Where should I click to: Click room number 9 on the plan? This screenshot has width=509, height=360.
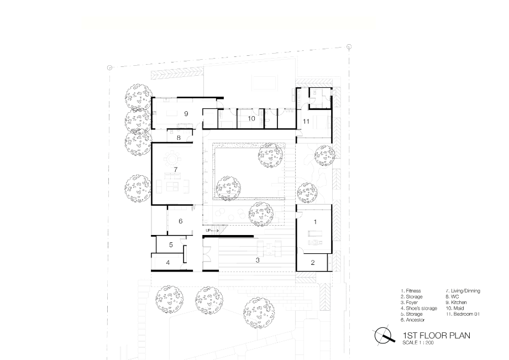pos(186,113)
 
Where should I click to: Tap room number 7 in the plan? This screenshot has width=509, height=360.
pos(176,170)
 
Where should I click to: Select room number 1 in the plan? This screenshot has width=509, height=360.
pos(315,222)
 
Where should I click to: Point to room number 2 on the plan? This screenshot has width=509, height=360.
pos(313,263)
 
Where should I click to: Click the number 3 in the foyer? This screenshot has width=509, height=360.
pos(258,260)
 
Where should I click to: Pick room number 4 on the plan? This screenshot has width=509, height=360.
pos(168,263)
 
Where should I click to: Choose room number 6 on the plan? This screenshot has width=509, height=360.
pos(181,221)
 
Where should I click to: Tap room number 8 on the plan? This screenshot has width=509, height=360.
pos(179,138)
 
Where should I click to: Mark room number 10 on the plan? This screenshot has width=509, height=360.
pos(251,118)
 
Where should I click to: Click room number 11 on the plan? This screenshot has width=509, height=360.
pos(306,122)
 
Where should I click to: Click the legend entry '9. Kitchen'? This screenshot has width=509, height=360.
pos(456,302)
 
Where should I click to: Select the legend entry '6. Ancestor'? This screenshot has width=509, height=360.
pos(413,320)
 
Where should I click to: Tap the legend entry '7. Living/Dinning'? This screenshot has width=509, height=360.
pos(463,291)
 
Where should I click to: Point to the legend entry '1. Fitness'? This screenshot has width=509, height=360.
pos(411,291)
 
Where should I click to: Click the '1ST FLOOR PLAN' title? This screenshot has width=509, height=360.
pos(436,335)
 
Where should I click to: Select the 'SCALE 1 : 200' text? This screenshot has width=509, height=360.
pos(418,342)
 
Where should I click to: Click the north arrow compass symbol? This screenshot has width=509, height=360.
pos(384,336)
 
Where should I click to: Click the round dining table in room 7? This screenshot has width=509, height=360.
pos(172,159)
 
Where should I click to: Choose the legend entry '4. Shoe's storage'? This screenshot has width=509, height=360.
pos(419,309)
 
